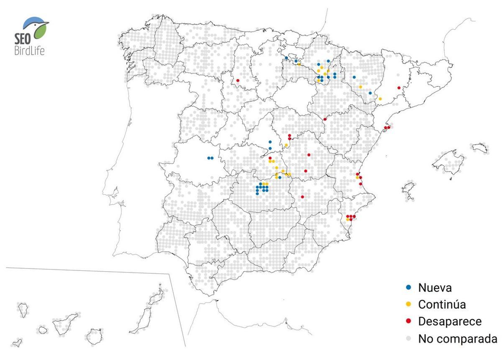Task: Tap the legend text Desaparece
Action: (x=450, y=321)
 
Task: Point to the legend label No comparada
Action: (x=458, y=339)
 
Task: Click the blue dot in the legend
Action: (x=408, y=288)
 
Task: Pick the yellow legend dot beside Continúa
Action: (x=408, y=304)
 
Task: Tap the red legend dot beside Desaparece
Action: (x=408, y=321)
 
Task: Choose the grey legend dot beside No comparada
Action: (x=408, y=338)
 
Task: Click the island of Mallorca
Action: (x=449, y=161)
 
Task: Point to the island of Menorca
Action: (x=480, y=148)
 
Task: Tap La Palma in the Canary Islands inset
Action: (x=22, y=310)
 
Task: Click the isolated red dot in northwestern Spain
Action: (x=238, y=80)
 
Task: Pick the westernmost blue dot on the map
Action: (x=209, y=158)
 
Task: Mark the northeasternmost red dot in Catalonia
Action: (x=399, y=87)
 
